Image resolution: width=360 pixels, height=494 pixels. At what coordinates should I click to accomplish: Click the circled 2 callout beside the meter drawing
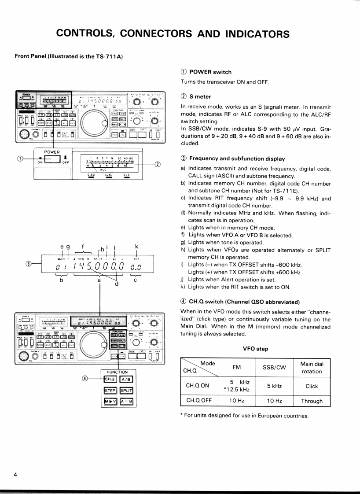click(157, 165)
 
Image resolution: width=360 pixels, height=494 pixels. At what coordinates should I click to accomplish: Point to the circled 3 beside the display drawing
click(29, 264)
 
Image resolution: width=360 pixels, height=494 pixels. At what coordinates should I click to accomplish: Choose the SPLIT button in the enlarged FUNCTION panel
click(127, 390)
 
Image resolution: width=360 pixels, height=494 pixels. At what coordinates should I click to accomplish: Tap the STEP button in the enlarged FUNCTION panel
click(109, 390)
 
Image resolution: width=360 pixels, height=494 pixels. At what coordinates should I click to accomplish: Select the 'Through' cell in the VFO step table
click(312, 401)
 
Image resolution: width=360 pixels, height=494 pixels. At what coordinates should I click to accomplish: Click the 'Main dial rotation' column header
click(312, 368)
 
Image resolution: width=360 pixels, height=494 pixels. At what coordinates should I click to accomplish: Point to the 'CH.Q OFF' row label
click(199, 401)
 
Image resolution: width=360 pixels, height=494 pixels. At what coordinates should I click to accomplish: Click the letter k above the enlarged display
click(137, 247)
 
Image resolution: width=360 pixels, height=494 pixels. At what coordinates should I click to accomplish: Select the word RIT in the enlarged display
click(136, 258)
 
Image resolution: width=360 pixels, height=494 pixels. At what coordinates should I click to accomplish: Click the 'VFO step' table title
click(256, 348)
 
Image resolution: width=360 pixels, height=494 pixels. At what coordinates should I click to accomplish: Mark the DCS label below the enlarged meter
click(126, 175)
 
